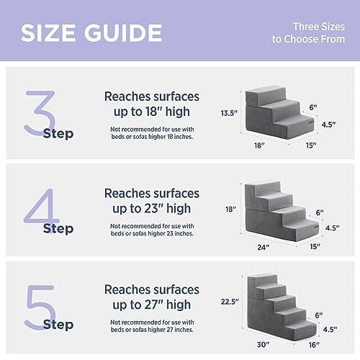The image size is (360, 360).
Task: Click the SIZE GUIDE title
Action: pyautogui.click(x=91, y=32)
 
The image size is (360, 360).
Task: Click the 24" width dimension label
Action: pyautogui.click(x=263, y=248)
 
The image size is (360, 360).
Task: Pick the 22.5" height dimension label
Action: pyautogui.click(x=230, y=302)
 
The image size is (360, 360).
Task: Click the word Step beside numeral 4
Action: pyautogui.click(x=58, y=229)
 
